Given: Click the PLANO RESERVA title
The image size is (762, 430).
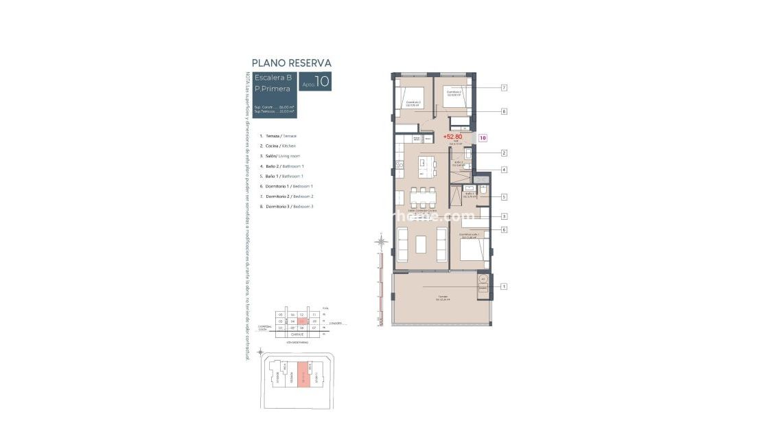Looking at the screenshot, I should coord(292,63).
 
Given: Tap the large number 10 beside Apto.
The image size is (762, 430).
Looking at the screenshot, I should coord(322,81).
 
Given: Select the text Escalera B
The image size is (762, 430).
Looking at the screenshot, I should coord(273,77).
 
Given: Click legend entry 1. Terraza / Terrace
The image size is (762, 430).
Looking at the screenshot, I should coord(278,136).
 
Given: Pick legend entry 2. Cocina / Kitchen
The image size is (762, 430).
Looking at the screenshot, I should coord(277,146).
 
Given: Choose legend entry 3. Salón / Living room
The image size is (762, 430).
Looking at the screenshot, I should coord(279,156).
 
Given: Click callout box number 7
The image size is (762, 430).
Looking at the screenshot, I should coord(503,88).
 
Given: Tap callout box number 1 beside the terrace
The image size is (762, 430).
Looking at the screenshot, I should coord(503,286).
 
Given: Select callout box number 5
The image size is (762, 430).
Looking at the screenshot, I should coord(503,196).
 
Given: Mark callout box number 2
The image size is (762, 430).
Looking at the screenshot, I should coord(503,153).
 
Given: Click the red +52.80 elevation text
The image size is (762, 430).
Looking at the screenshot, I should coord(453,137).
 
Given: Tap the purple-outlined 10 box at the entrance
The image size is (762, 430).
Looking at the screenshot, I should coord(483,138).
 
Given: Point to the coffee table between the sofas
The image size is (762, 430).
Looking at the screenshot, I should coord(421,244).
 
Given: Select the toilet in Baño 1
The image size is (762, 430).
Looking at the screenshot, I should coord(483,190).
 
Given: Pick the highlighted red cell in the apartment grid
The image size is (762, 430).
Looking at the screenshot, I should coord(302,321).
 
